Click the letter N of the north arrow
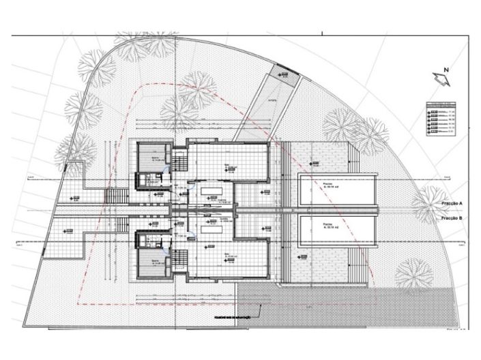[x=445, y=70]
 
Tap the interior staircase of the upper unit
[x=179, y=163]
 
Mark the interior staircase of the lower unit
[x=179, y=259]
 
